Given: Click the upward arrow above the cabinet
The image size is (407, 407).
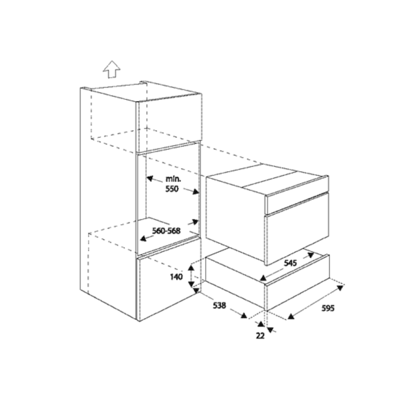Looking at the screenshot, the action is coord(112,69).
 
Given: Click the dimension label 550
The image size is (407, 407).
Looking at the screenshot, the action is coord(172,189).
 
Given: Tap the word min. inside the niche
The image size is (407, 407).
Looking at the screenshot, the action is coord(173,179).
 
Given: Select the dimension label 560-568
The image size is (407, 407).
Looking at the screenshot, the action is coord(166,231).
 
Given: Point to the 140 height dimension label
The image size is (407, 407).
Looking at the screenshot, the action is coord(176,277).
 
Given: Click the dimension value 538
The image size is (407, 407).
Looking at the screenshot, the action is coord(219,306).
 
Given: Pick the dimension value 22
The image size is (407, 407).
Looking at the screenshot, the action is coord(260,336).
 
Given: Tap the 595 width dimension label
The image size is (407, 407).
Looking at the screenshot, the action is coord(328,308).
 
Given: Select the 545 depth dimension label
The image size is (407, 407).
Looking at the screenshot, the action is coord(290,263).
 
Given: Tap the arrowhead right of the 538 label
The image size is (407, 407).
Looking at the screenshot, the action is coord(243,315).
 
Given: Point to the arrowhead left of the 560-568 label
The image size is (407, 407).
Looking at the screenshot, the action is coord(143,238).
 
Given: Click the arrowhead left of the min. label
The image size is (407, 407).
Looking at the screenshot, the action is coord(150,178).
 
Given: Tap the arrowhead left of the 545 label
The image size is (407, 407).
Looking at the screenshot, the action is coord(263,278).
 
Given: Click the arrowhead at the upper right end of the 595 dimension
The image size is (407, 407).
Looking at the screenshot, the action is coord(340,287).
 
